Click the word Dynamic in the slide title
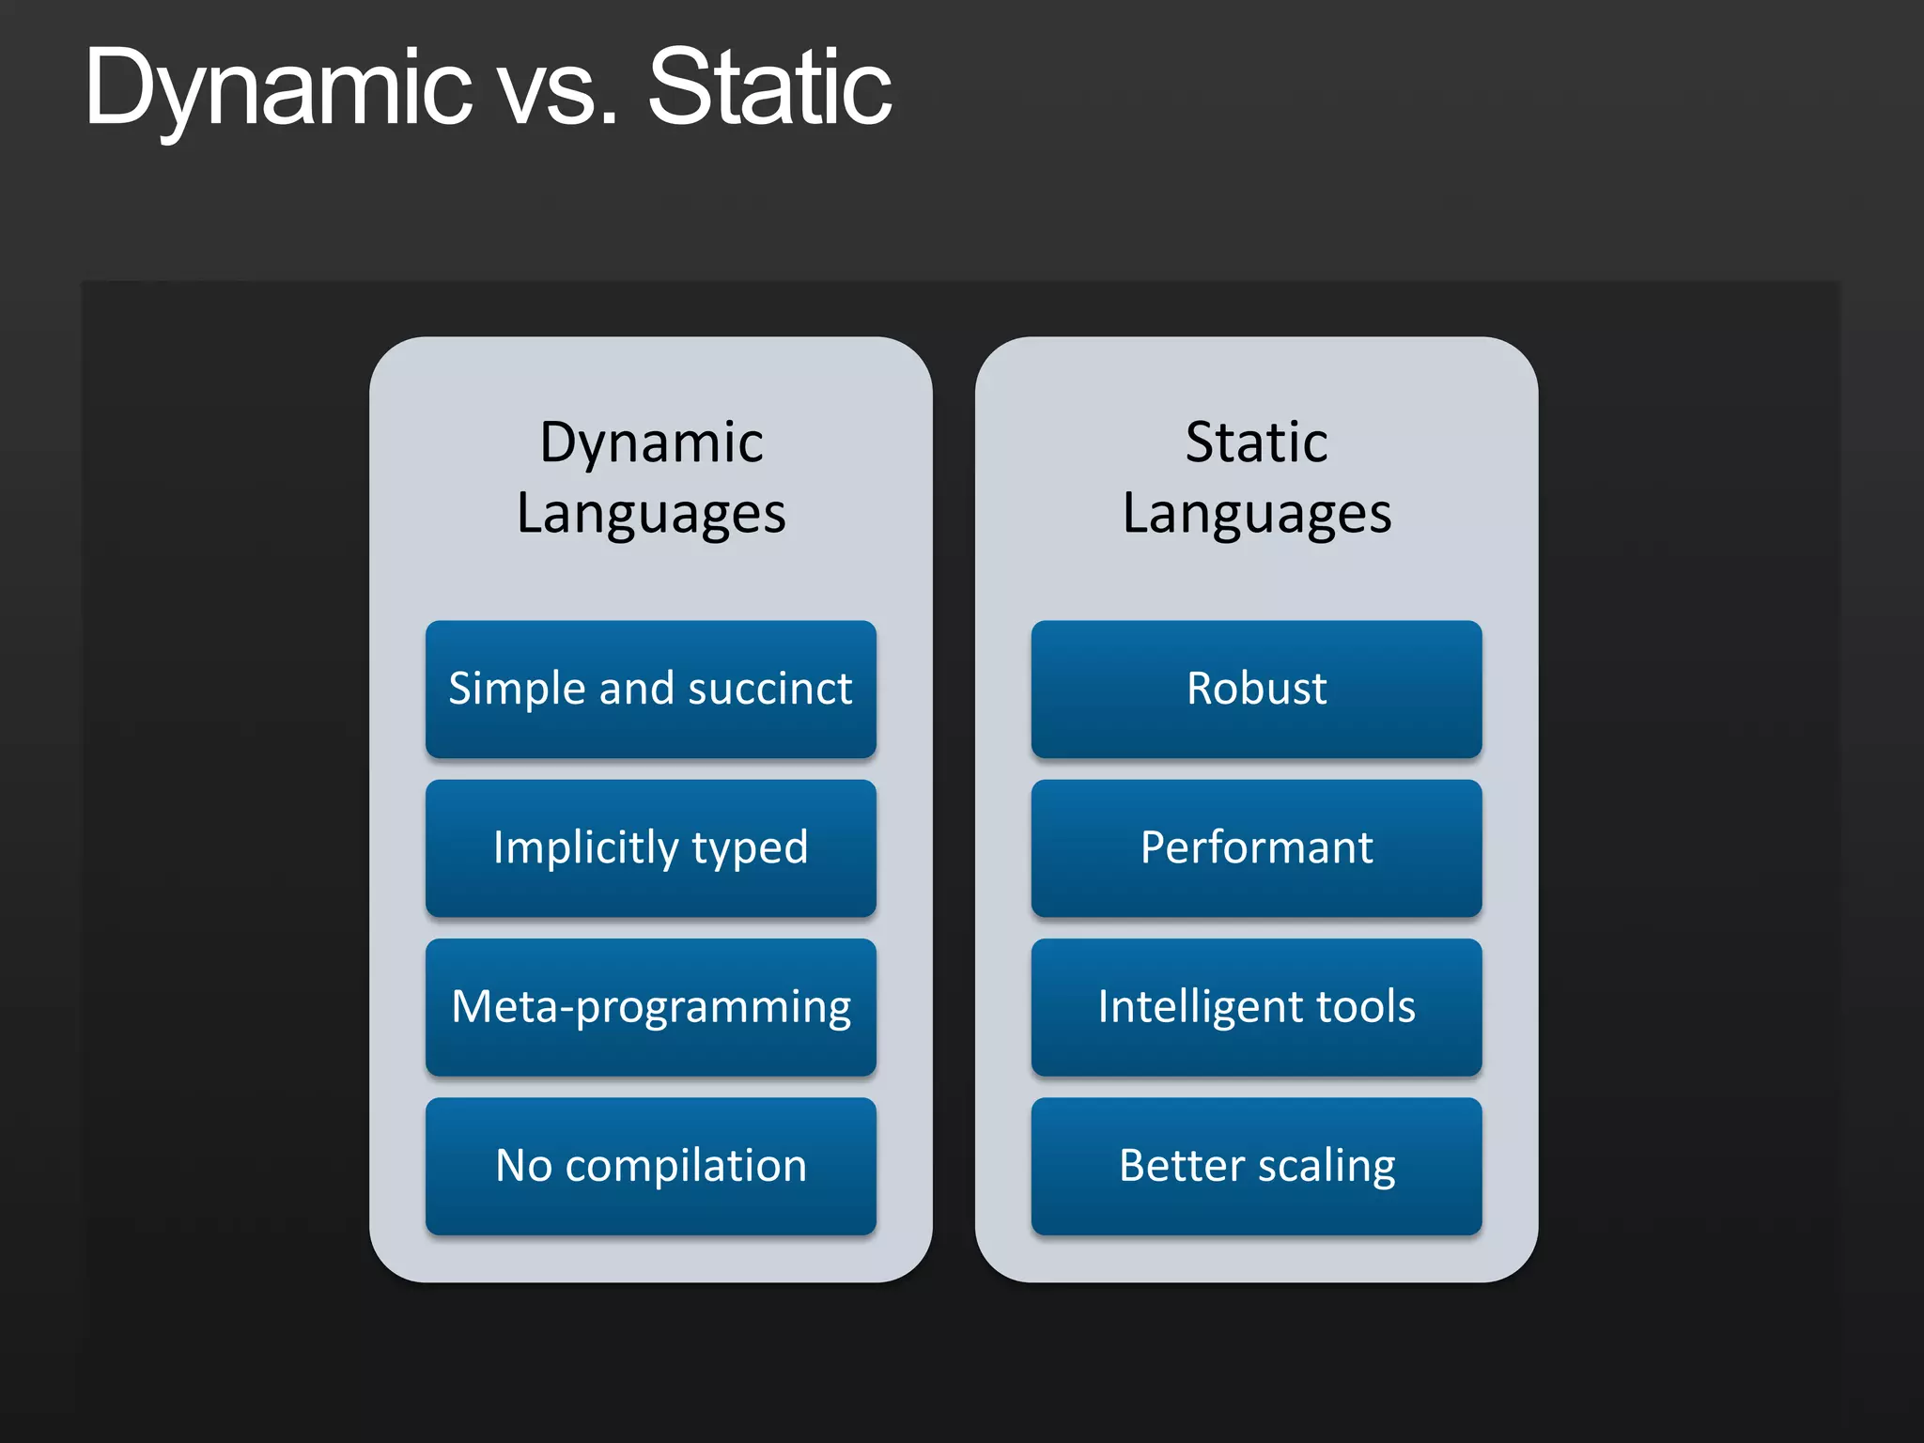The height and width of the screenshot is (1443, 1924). click(278, 89)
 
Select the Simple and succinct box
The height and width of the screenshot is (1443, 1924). click(650, 689)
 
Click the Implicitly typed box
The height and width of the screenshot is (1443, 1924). click(650, 848)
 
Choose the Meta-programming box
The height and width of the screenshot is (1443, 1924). click(650, 1007)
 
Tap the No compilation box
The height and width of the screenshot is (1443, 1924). click(650, 1166)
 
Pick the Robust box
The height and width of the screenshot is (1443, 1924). click(1256, 689)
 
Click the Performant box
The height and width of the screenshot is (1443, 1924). click(1256, 848)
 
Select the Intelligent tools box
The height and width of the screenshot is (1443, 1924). click(1256, 1007)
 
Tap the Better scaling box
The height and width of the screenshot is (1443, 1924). click(1256, 1166)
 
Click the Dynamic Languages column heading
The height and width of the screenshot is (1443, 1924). click(650, 477)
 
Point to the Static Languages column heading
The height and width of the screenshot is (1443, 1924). click(1256, 477)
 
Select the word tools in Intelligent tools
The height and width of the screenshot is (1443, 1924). click(1365, 1007)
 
